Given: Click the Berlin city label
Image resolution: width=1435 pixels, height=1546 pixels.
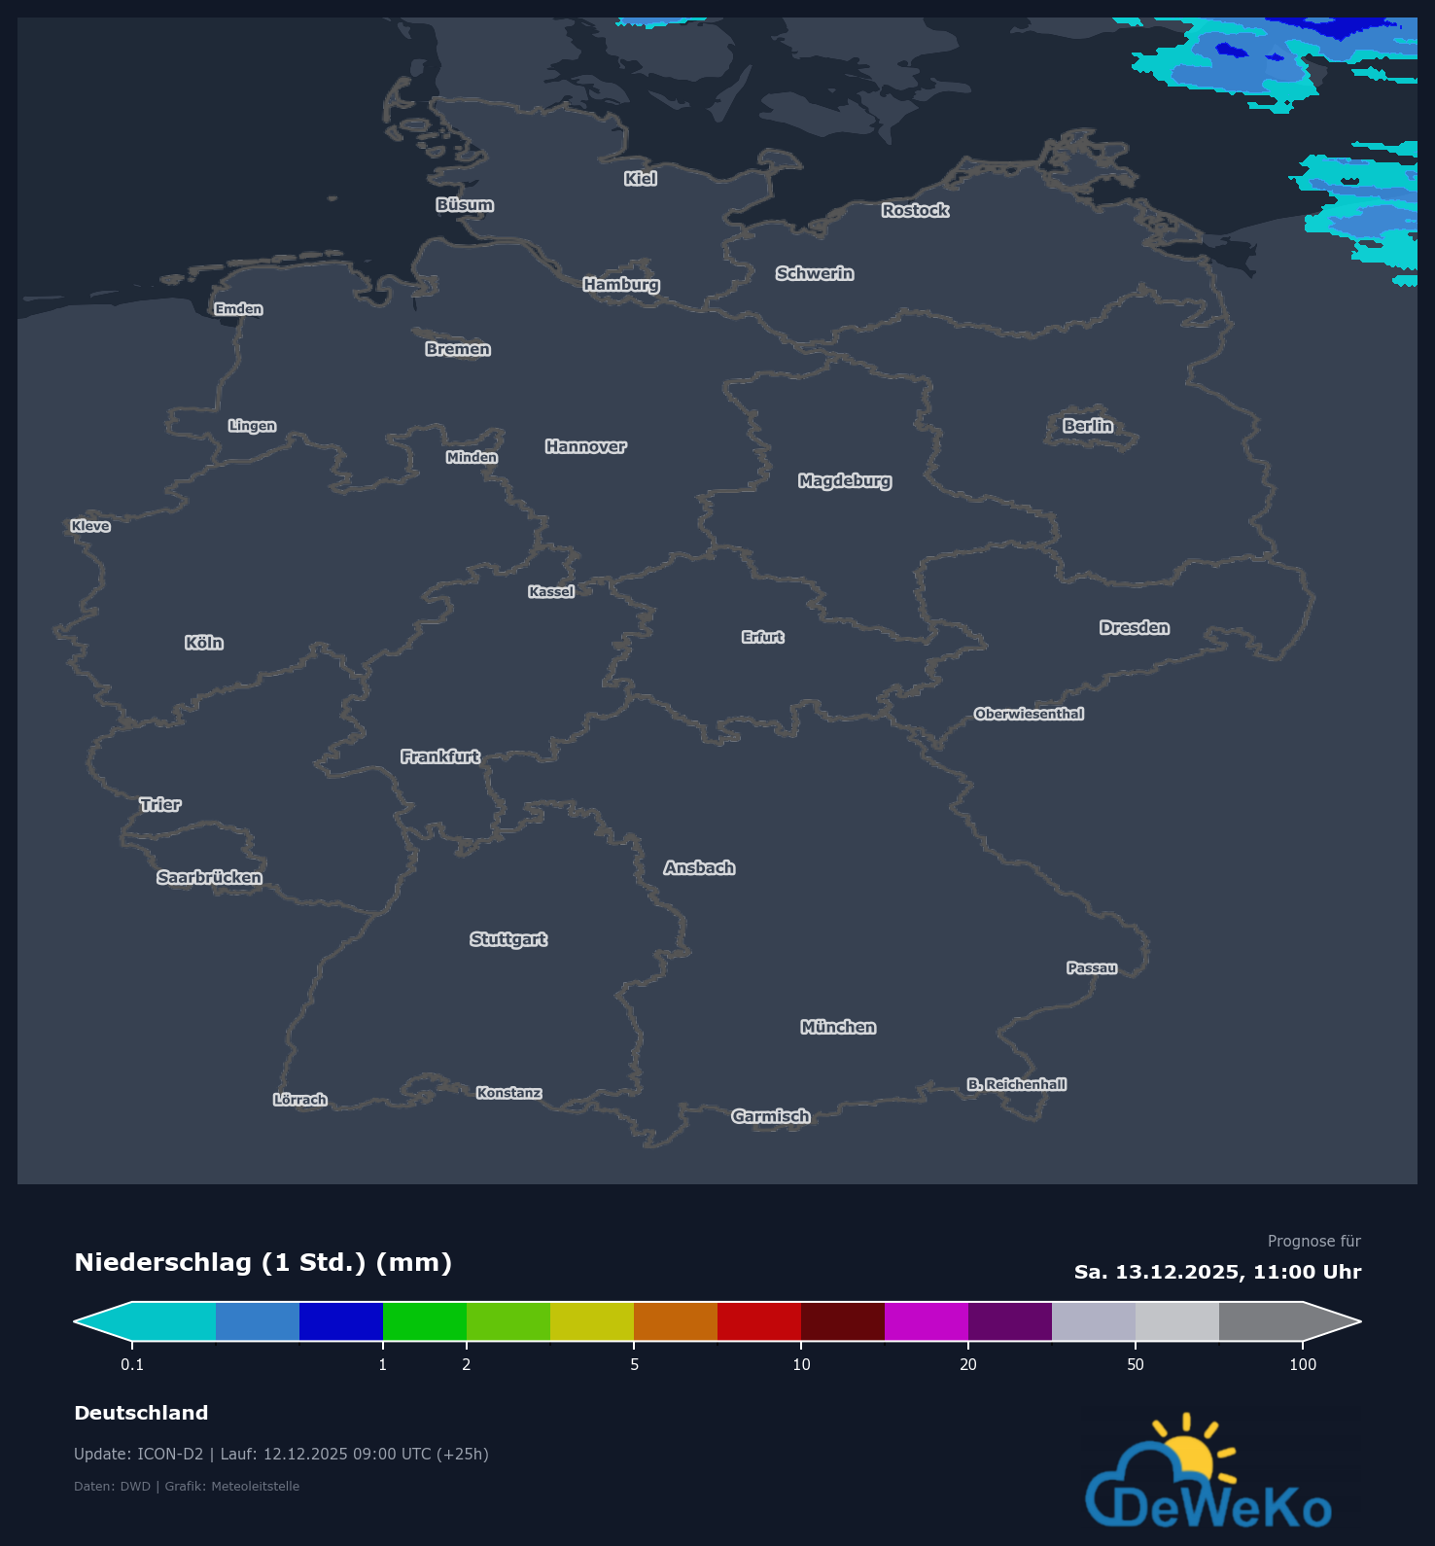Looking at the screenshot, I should pos(1088,426).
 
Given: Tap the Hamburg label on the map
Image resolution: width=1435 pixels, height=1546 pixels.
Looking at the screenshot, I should pos(621,285).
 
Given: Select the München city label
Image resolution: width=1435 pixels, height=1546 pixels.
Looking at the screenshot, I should pos(838,1028).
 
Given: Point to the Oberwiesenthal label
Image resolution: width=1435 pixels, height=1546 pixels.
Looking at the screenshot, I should pos(1029,714).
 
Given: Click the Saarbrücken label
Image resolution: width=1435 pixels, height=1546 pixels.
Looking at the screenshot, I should pos(210,878).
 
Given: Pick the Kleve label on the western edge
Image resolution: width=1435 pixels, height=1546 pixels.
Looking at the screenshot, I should pos(90,526).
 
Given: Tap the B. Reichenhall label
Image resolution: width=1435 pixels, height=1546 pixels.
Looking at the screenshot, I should pos(1017,1084).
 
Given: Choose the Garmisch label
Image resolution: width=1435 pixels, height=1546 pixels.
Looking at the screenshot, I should pos(771,1116).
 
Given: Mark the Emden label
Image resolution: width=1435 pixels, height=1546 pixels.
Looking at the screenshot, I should pos(239,309).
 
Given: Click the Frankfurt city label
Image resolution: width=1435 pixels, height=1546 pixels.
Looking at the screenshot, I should pos(440,756).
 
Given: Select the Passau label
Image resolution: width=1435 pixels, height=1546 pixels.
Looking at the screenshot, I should pos(1092,967).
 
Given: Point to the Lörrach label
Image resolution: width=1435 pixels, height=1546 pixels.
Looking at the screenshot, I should pos(300,1100).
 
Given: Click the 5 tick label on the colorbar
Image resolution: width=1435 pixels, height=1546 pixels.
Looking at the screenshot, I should pos(635,1364).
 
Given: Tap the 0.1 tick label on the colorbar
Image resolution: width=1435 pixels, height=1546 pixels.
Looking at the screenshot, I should pos(132,1364).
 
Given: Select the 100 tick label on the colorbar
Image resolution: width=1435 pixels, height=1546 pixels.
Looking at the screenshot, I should pos(1303,1364).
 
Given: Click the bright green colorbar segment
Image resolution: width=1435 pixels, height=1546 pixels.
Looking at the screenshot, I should pos(425,1321).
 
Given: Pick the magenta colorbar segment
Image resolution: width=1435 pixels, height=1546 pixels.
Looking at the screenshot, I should pos(927,1321).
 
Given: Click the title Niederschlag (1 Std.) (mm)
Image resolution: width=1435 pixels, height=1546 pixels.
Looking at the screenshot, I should pos(263,1262).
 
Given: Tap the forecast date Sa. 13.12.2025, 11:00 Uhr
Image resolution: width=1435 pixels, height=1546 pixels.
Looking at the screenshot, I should pos(1217,1272).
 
